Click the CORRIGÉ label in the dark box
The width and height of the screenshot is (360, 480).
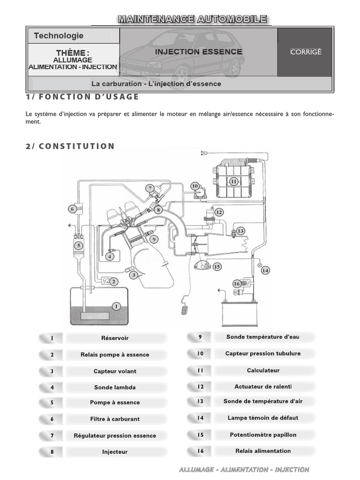coord(306,52)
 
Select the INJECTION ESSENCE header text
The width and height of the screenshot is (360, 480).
coord(199,52)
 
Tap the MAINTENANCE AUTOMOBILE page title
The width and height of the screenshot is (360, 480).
coord(193,19)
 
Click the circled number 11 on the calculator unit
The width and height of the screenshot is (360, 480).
coord(233,181)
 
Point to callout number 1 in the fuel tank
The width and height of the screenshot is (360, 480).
coord(116,306)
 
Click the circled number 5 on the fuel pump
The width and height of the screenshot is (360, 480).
coord(79,245)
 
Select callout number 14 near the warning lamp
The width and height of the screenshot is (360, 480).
coord(265,270)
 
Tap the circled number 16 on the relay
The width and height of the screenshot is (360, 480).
coord(237,284)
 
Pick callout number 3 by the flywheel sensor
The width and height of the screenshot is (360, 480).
coord(134,275)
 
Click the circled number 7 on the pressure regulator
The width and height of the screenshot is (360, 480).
coord(150,188)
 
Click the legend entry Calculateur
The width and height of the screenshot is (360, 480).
coord(263,370)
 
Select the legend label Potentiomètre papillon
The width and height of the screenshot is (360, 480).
coord(263,435)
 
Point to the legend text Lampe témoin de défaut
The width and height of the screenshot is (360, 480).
coord(263,418)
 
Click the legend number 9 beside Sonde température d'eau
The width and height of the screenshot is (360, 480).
coord(200,337)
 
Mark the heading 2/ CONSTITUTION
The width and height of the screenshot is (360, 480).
coord(70,146)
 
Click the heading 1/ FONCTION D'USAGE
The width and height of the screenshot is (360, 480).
coord(82,97)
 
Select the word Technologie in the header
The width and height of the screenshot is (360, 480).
coord(59,36)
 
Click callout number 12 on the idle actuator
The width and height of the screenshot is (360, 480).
coord(219,212)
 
